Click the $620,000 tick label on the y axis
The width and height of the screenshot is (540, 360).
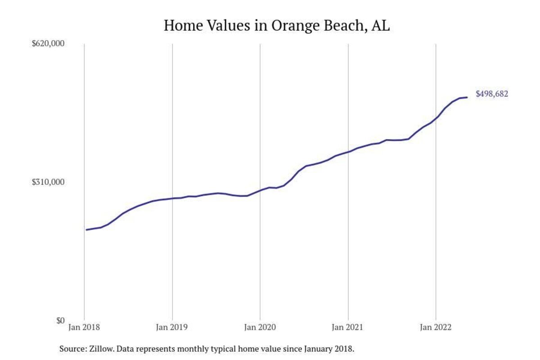pos(49,44)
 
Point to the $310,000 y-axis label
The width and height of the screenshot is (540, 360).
pos(49,182)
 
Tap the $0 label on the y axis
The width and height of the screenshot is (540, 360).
pos(60,320)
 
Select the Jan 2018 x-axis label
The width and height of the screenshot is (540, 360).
pos(84,328)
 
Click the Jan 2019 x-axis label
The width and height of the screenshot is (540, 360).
pos(172,328)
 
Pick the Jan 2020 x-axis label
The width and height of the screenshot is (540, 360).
pos(260,328)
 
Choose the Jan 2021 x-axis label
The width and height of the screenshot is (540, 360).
pos(348,328)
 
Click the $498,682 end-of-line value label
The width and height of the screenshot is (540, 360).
pos(492,94)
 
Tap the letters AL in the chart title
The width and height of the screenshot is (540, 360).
pos(381,26)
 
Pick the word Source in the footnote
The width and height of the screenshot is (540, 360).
pos(71,349)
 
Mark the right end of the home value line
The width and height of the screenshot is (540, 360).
pos(467,97)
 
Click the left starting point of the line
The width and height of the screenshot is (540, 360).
pos(86,230)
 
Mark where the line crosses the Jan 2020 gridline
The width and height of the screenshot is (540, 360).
pos(260,190)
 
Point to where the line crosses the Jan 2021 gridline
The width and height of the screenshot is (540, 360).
pos(348,152)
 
